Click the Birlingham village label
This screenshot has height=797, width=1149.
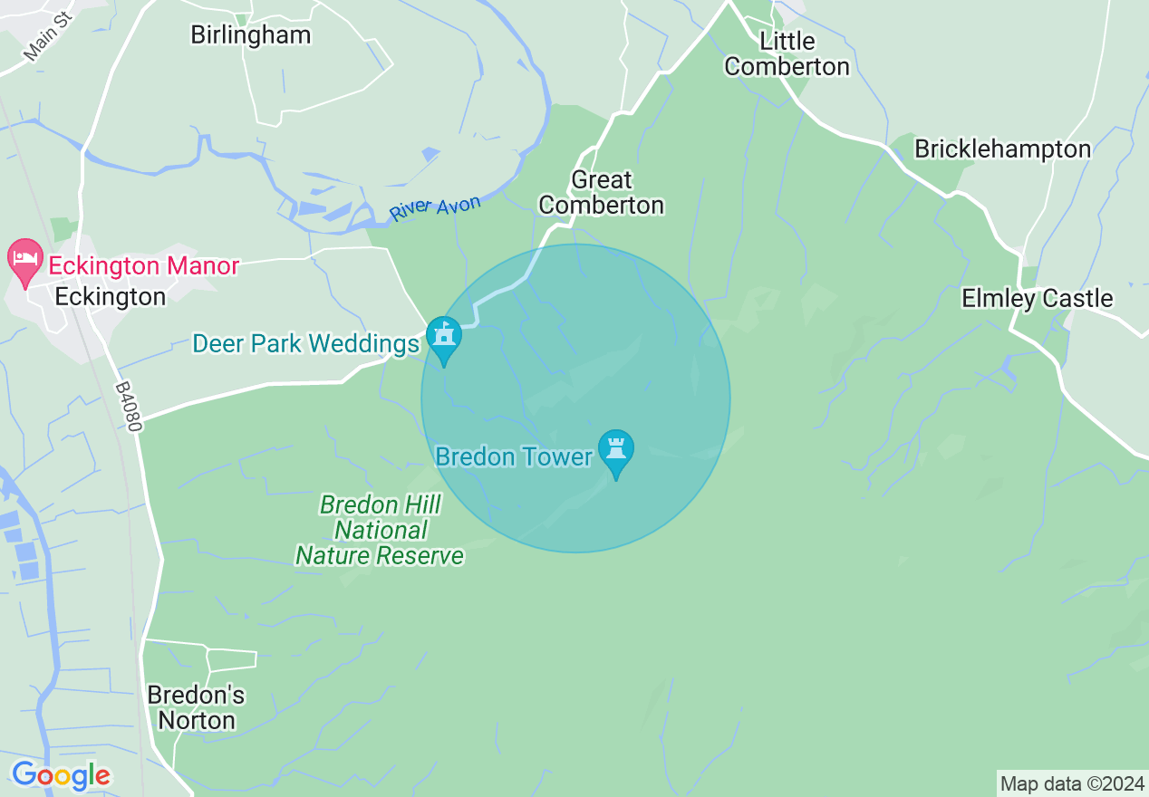coord(250,35)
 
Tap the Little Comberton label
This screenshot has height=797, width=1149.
coord(787,54)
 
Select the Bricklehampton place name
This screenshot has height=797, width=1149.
coord(1002,149)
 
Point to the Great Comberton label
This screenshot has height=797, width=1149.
coord(602,193)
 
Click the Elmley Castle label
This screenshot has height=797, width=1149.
coord(1037,298)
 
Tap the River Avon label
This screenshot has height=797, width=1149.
coord(435,207)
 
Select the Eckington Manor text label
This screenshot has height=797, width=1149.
coord(143,266)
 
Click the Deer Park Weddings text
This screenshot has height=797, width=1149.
coord(306,344)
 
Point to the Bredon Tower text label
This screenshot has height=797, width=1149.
coord(514,456)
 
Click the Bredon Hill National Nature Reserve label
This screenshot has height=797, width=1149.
coord(380,531)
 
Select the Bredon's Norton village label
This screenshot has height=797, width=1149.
coord(196,708)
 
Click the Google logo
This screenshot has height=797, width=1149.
coord(61,775)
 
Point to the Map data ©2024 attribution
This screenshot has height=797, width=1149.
coord(1071,783)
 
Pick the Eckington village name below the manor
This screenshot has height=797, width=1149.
coord(110,297)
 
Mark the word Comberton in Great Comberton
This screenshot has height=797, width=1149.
coord(602,206)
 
